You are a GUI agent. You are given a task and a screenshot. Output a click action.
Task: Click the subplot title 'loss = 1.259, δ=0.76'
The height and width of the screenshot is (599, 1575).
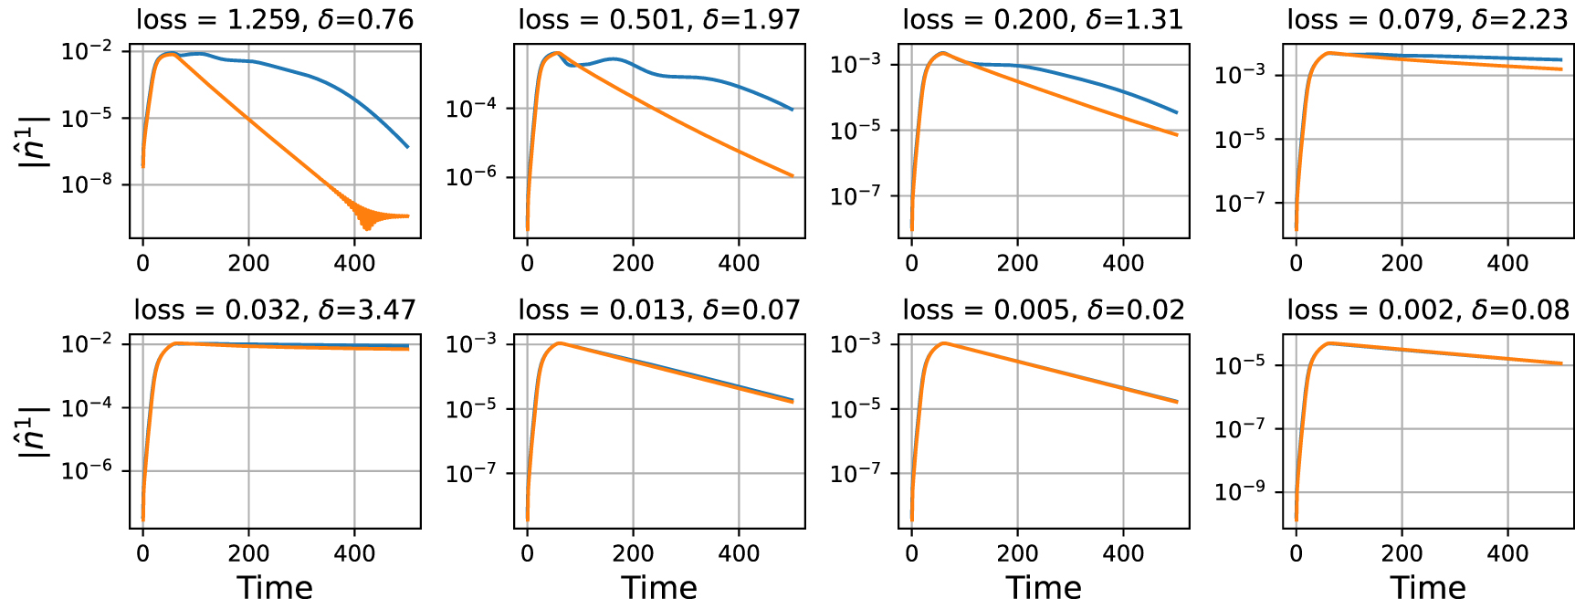pyautogui.click(x=275, y=19)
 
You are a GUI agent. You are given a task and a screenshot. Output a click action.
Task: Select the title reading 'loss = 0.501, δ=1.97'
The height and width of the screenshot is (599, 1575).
pyautogui.click(x=659, y=19)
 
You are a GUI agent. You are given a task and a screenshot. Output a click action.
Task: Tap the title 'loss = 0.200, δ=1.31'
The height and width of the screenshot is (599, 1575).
pyautogui.click(x=1043, y=19)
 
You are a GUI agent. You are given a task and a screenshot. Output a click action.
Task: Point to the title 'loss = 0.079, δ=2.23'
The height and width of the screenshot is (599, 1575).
pyautogui.click(x=1427, y=19)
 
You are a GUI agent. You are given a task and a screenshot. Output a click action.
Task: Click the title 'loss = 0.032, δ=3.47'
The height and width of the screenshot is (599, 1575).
pyautogui.click(x=275, y=310)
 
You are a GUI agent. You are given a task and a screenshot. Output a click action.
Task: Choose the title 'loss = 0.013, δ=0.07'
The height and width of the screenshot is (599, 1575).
pyautogui.click(x=659, y=310)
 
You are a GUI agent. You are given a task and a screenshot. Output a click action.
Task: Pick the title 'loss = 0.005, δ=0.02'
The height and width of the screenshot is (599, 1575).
pyautogui.click(x=1043, y=310)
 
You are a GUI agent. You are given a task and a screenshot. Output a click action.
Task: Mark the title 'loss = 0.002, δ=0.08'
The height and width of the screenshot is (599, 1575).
pyautogui.click(x=1427, y=310)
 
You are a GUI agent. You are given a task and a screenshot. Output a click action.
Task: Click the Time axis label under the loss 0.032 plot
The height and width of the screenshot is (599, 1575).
pyautogui.click(x=275, y=586)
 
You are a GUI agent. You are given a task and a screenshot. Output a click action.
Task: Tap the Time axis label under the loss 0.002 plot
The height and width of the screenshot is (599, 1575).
pyautogui.click(x=1427, y=586)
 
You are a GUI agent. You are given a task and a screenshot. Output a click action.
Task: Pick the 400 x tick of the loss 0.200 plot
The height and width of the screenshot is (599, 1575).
pyautogui.click(x=1123, y=264)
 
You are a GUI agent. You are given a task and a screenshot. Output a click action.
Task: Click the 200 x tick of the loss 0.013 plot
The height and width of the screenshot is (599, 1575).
pyautogui.click(x=633, y=553)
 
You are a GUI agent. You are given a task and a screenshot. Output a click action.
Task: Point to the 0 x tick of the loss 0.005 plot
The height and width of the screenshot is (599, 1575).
pyautogui.click(x=911, y=553)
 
